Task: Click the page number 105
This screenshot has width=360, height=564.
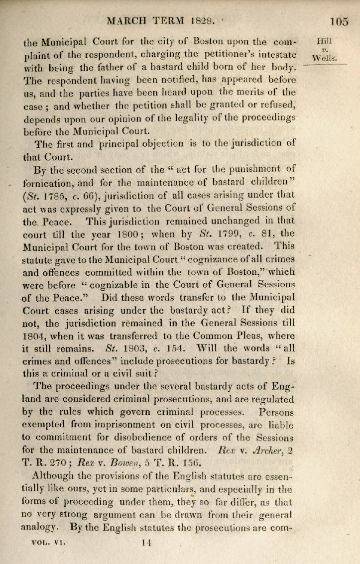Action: pyautogui.click(x=339, y=21)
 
